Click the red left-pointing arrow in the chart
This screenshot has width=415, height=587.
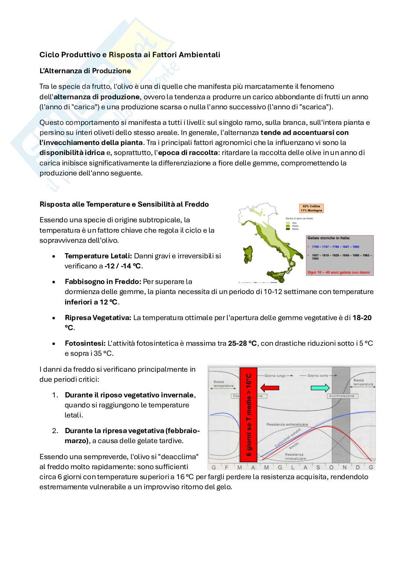270,388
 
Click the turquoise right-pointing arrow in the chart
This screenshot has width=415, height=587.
320,388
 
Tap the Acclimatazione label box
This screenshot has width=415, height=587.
342,396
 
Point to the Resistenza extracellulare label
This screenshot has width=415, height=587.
287,424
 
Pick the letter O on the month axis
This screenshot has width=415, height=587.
331,467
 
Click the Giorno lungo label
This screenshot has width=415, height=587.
276,375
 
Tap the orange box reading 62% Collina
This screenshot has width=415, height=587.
311,208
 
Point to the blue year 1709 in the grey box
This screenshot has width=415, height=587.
315,246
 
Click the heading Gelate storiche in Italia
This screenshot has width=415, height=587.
329,238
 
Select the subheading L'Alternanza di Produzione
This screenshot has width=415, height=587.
85,71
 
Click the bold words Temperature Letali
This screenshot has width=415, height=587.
98,256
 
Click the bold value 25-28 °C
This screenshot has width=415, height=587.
242,343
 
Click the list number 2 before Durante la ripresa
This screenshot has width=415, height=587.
55,430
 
